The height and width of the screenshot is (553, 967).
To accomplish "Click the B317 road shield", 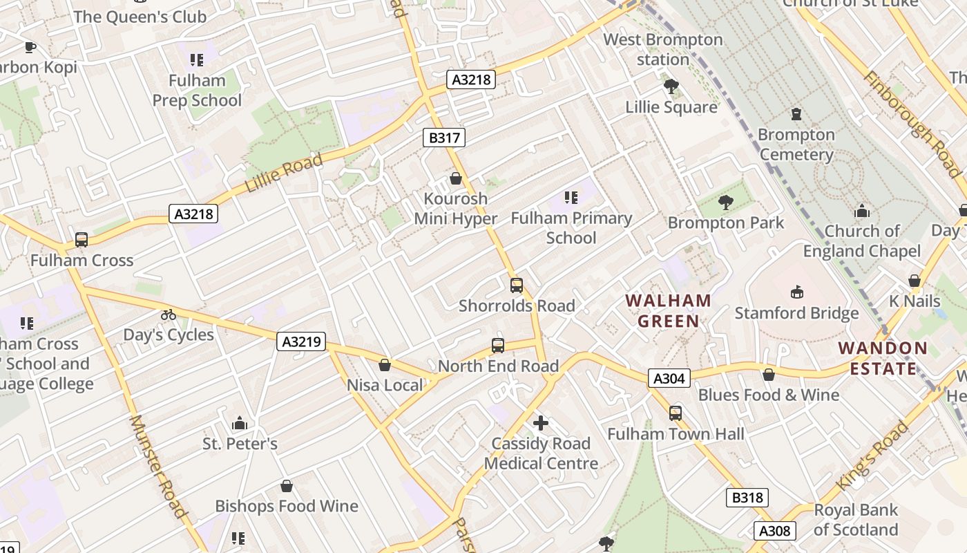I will [444, 138].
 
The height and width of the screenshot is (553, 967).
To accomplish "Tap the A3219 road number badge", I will [301, 341].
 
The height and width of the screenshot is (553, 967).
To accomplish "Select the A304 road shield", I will [669, 378].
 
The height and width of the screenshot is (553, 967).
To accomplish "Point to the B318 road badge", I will [747, 497].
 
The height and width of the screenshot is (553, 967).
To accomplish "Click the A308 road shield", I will [774, 530].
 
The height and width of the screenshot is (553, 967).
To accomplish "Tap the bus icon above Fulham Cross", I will [82, 240].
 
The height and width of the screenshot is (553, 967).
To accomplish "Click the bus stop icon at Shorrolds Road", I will [516, 285].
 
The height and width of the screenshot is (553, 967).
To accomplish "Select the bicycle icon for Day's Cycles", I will [168, 315].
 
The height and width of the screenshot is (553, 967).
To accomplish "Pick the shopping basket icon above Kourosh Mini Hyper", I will [456, 178].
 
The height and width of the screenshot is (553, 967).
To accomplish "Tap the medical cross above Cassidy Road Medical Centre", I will [541, 422].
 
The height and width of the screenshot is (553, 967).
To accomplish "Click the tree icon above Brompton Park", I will [725, 203].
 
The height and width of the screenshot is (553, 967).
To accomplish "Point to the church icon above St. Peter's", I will [240, 422].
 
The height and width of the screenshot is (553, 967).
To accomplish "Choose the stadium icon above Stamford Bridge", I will [797, 292].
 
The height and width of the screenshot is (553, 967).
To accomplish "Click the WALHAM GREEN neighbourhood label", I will [668, 310].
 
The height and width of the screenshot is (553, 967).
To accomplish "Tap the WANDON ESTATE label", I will [883, 358].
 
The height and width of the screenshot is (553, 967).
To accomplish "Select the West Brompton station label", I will [663, 49].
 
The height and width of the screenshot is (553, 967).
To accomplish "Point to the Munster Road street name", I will [158, 466].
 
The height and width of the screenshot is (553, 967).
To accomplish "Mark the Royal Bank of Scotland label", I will [856, 520].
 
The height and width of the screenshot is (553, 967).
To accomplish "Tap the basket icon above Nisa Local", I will [385, 364].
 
